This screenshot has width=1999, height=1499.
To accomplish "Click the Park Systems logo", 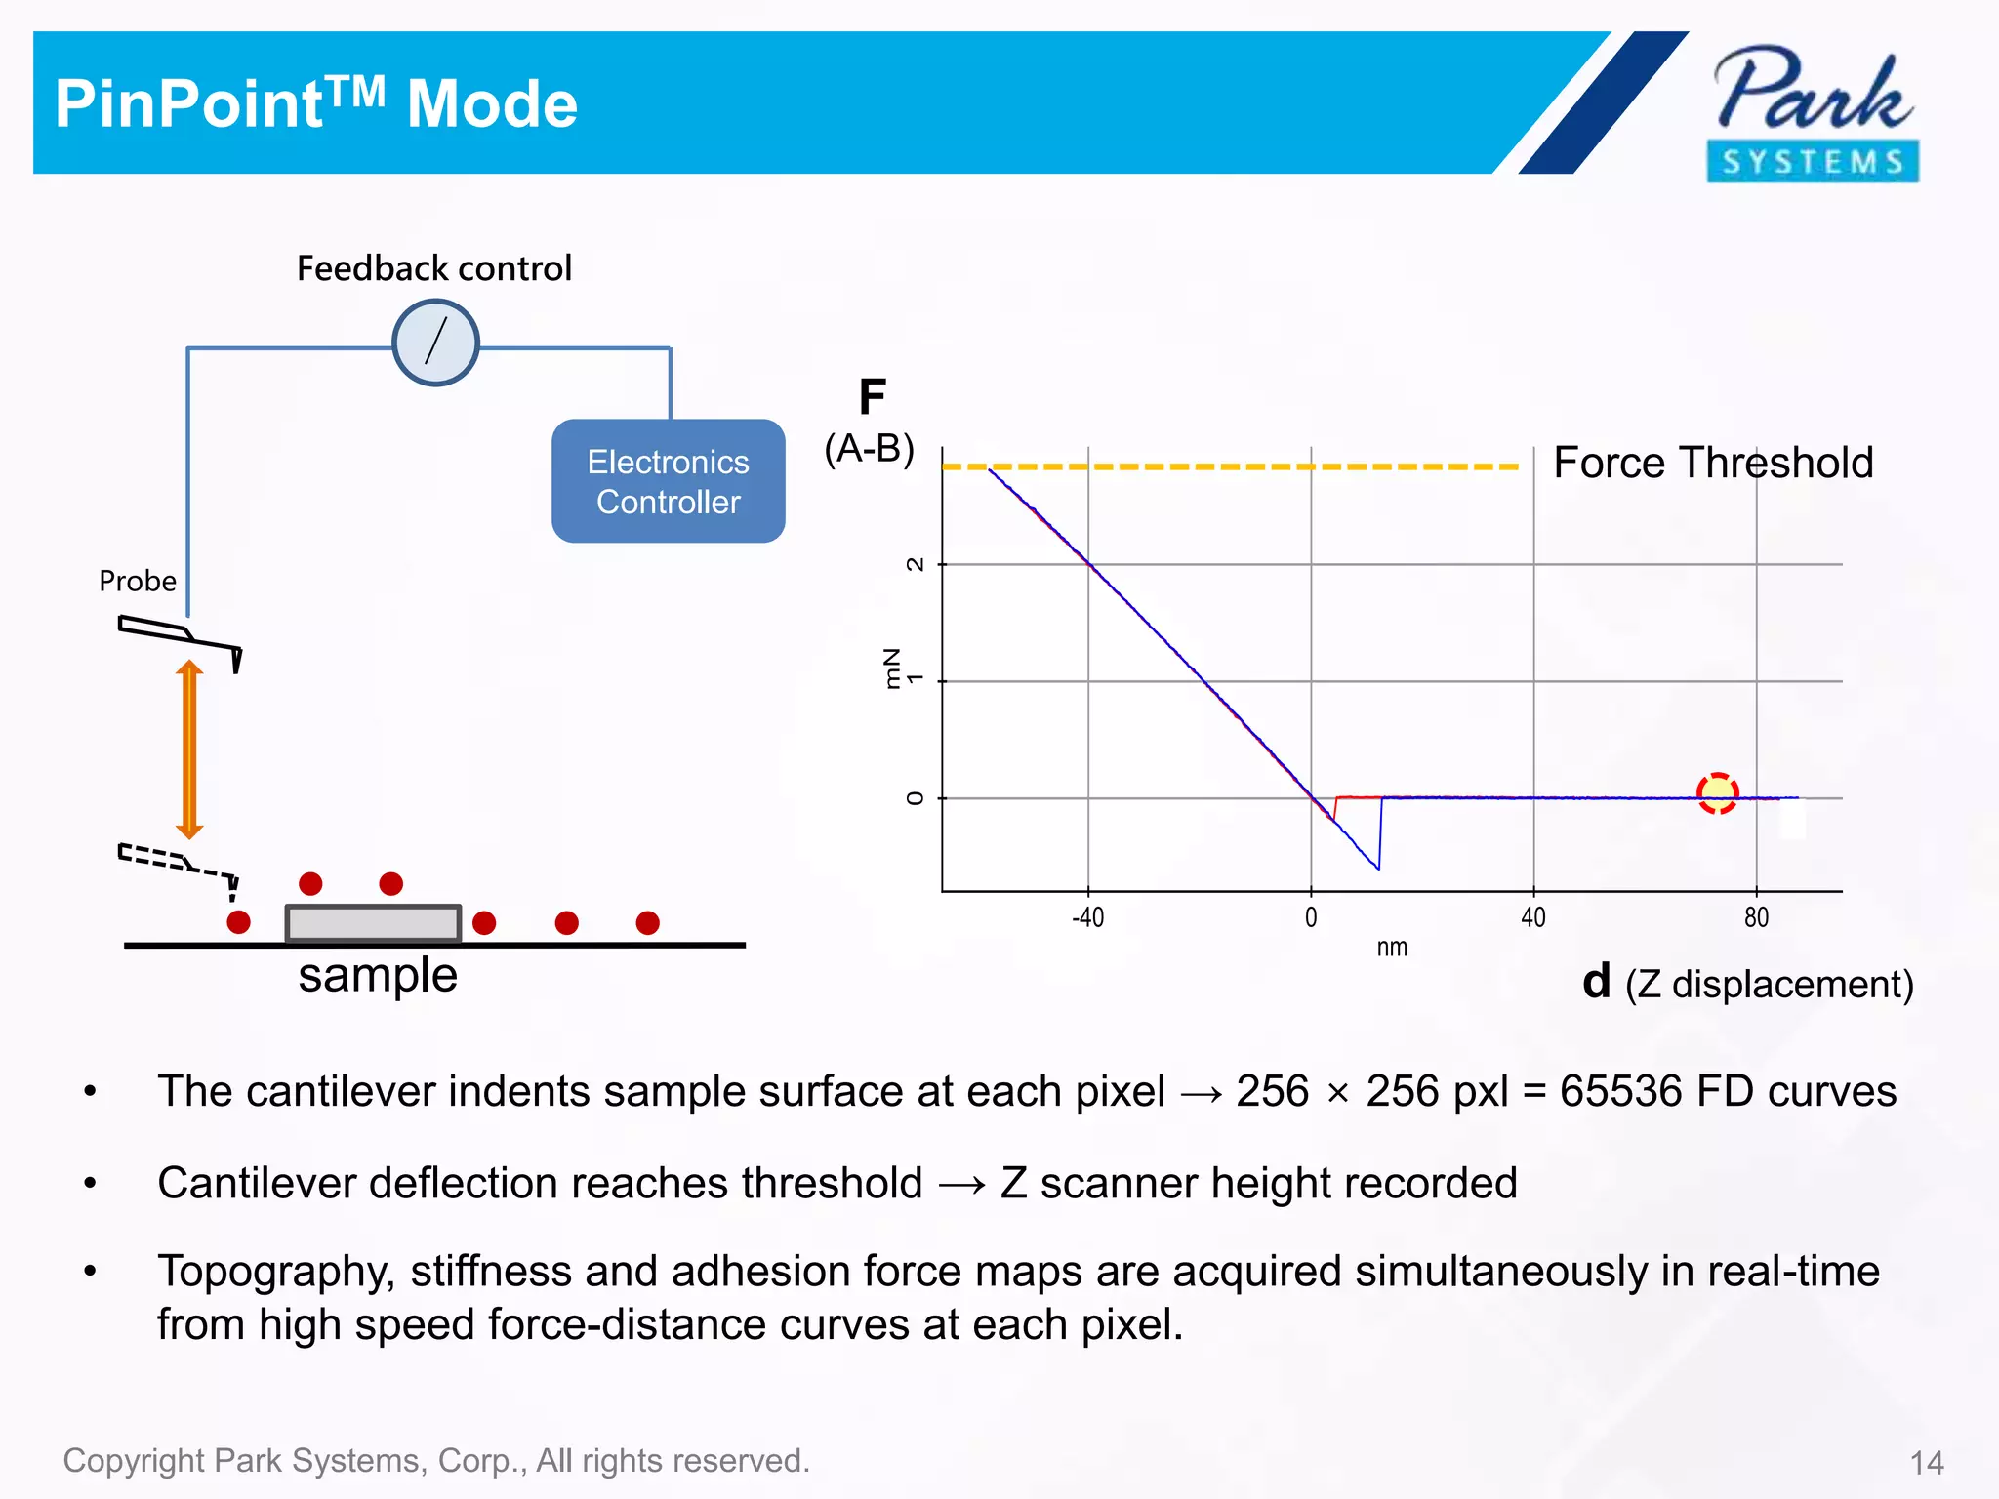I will [x=1813, y=113].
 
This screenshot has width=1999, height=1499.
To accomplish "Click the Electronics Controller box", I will [x=669, y=482].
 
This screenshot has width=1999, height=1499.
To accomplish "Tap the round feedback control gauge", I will [x=435, y=343].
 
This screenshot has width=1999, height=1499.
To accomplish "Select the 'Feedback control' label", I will [x=434, y=268].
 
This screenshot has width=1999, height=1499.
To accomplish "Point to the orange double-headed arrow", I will [x=189, y=749].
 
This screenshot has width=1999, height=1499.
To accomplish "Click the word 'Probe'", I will [x=138, y=581].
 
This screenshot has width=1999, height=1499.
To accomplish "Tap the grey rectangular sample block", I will [x=373, y=922].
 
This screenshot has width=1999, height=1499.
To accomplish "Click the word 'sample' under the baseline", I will [x=378, y=975].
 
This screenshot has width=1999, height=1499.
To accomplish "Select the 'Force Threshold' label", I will [x=1713, y=463].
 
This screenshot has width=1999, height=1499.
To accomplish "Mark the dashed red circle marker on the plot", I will [x=1717, y=792].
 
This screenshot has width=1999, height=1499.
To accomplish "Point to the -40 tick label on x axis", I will [x=1087, y=917].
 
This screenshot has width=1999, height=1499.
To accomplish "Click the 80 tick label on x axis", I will [x=1756, y=917].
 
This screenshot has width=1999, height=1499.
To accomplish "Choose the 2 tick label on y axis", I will [x=915, y=564].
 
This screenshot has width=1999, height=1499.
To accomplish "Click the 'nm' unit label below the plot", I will [x=1392, y=948].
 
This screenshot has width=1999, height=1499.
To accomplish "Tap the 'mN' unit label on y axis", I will [x=891, y=668].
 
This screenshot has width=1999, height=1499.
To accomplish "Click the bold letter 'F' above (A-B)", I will [x=872, y=397].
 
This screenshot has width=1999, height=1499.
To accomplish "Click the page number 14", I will [x=1927, y=1463].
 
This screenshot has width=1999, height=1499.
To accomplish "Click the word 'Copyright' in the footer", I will [x=134, y=1461].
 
